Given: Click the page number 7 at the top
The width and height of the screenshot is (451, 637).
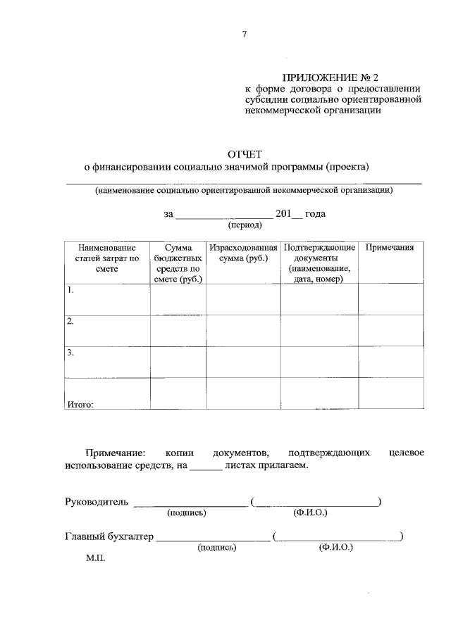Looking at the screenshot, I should click(x=244, y=33).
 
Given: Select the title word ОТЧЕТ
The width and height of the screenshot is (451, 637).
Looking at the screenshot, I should click(x=243, y=154).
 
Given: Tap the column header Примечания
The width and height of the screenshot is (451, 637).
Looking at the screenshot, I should click(x=389, y=248).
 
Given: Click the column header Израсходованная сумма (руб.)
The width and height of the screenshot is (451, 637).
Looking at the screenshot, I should click(x=243, y=253).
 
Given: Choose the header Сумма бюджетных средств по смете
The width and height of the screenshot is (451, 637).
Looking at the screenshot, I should click(x=178, y=263).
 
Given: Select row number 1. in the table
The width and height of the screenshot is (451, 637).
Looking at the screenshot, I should click(x=70, y=289).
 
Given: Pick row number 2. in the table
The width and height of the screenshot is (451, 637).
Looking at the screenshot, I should click(x=70, y=321).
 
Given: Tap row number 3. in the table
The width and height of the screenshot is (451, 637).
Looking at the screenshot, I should click(x=70, y=353).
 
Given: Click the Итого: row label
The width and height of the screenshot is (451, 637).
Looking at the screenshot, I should click(x=80, y=404).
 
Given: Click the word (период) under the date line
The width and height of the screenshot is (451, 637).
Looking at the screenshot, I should click(x=245, y=226).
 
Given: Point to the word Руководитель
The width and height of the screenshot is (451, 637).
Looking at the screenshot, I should click(x=96, y=502).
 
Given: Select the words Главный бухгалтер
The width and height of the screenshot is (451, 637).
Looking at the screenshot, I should click(x=109, y=537).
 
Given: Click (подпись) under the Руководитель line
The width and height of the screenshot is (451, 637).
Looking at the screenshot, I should click(x=186, y=513).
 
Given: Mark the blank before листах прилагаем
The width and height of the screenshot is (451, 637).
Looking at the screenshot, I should click(x=206, y=466).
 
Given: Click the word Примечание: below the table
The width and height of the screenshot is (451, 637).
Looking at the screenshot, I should click(x=116, y=452).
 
